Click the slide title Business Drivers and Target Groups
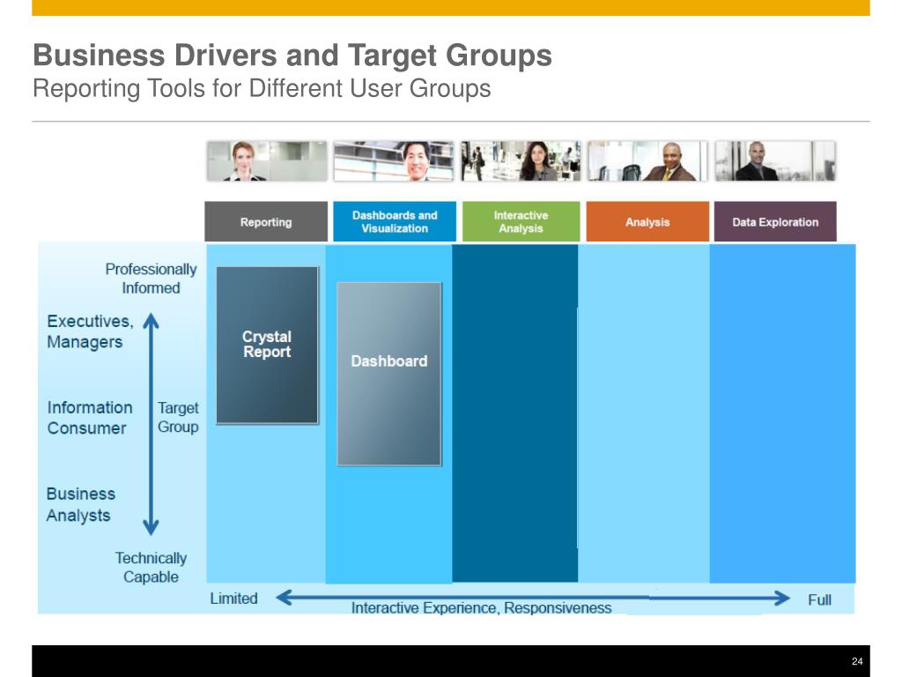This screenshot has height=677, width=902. coord(292,56)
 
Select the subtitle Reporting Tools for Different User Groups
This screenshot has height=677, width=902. coord(262,89)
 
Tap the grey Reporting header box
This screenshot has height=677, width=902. coord(266,222)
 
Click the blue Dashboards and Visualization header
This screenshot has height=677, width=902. coord(395,222)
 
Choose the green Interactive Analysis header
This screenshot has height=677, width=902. coord(521,222)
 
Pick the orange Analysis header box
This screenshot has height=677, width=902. coord(647,222)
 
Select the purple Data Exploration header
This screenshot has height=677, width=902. coord(775,222)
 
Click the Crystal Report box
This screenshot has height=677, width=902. coord(267,345)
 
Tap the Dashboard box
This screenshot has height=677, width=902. coord(388,373)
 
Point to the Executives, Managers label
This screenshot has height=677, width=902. coord(90,331)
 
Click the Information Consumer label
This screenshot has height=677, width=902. coord(89,418)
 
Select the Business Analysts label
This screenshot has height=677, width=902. coord(80,504)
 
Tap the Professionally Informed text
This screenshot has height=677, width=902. coord(151,279)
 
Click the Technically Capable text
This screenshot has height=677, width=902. coord(151,568)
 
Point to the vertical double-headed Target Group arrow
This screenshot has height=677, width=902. coord(151,424)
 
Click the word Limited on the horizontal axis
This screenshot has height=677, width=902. coord(233,599)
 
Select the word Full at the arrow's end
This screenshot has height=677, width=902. coord(819,599)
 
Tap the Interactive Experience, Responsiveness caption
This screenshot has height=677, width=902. coord(481,607)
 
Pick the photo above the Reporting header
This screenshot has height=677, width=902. coord(266,161)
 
